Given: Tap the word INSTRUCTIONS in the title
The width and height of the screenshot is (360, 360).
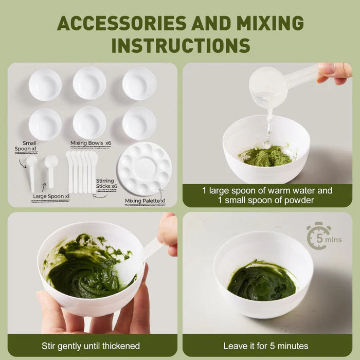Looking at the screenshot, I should coord(181,45).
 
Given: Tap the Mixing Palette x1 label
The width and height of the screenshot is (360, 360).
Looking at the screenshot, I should coord(145,201).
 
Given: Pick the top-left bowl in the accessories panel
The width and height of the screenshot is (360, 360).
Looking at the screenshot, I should coord(45,84).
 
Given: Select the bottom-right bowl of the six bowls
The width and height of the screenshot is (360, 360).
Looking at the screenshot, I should coord(139,123).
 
